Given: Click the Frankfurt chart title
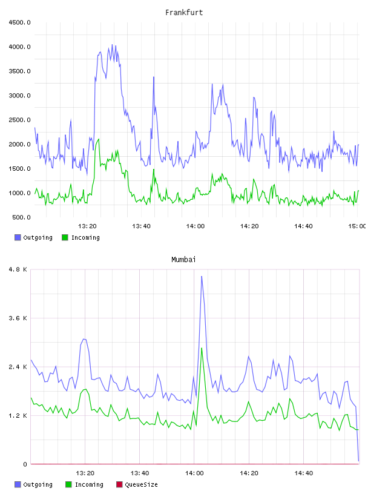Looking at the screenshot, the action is [x=184, y=13].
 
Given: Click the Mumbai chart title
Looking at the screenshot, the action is [x=183, y=260].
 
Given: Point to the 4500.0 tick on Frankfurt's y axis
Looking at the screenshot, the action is [x=19, y=22].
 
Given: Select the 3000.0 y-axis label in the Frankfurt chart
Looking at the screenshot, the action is [x=19, y=96].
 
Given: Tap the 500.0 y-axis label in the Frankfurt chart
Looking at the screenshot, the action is [x=21, y=217].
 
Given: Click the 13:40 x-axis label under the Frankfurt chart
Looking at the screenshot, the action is [x=141, y=226].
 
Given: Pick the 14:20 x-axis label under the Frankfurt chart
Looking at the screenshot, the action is [x=249, y=226].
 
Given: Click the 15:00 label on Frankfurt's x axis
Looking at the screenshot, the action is [x=357, y=226].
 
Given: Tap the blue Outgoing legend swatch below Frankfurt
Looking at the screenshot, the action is [x=18, y=237].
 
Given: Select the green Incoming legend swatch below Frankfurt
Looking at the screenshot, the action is [x=65, y=237].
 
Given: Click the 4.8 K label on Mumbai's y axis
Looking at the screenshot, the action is [x=18, y=269].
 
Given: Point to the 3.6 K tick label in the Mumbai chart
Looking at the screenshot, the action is [x=18, y=318].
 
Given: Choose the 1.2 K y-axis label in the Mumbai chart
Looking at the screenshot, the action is [x=18, y=415].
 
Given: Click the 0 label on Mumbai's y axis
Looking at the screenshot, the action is [x=25, y=464].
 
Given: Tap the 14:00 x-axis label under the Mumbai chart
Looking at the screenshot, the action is [x=194, y=473].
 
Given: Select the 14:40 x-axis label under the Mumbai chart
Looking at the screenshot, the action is [x=304, y=473].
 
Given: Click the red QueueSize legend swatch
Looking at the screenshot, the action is [x=119, y=484].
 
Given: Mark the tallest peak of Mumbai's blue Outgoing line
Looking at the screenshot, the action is [x=202, y=276].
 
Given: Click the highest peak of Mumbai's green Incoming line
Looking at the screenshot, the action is [x=202, y=348].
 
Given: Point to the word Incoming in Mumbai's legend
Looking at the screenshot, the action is [x=89, y=484].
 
